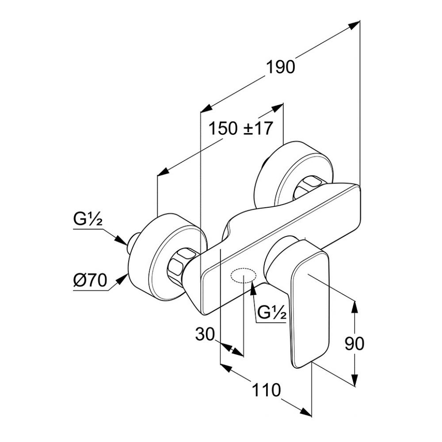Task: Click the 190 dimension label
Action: [x=280, y=67]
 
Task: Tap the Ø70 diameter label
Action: [x=90, y=281]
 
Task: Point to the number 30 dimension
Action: [x=205, y=335]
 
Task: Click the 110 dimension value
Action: [x=266, y=390]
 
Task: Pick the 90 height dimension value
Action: [x=354, y=343]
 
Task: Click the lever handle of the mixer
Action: [x=309, y=305]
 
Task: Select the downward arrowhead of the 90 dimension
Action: [x=354, y=381]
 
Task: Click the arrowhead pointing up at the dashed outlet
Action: [x=253, y=288]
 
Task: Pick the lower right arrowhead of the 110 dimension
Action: [x=306, y=412]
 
